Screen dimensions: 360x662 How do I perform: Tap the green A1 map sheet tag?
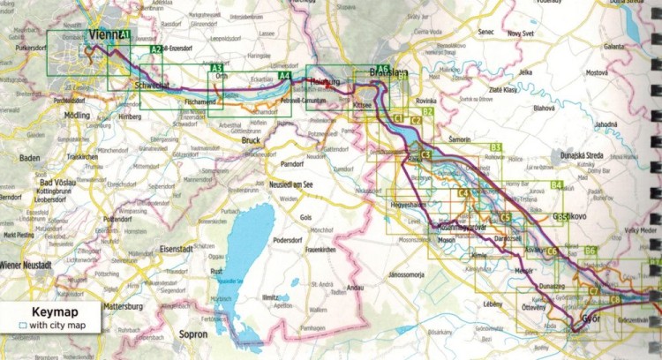(125, 35)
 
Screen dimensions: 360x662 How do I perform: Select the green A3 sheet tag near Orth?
(216, 68)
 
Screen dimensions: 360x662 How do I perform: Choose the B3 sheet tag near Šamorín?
(495, 147)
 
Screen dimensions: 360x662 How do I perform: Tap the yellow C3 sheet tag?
(426, 156)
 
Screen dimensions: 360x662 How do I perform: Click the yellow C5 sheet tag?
(506, 217)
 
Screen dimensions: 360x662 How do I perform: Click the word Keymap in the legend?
(50, 312)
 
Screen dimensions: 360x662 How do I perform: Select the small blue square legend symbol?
(21, 326)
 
